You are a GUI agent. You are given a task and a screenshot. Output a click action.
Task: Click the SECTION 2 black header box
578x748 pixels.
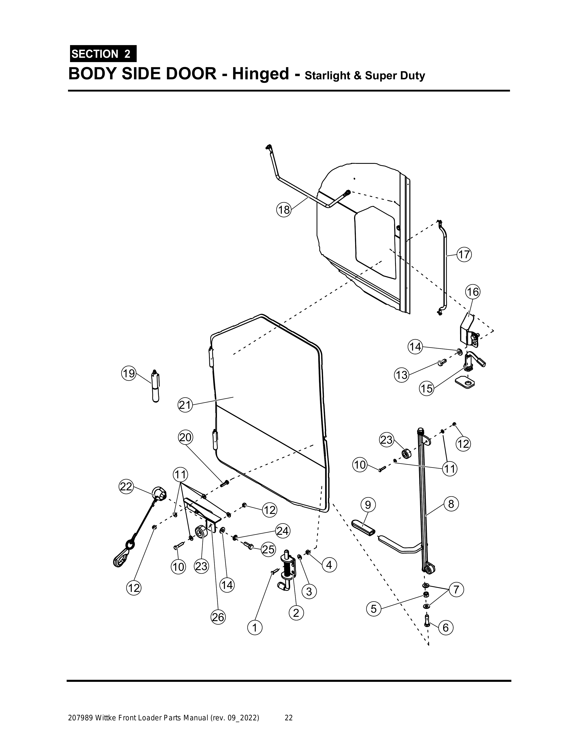(x=103, y=53)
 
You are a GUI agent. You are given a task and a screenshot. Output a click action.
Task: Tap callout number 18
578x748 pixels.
(x=284, y=210)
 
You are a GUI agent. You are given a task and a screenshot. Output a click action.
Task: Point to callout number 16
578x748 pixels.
(x=472, y=292)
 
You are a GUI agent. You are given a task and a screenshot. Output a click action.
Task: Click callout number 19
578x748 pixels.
(x=129, y=373)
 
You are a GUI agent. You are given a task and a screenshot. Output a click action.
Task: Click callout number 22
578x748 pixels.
(x=126, y=486)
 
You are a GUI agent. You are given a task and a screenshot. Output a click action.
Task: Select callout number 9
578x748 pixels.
(x=368, y=505)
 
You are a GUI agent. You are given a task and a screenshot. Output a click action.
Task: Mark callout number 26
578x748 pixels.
(x=218, y=617)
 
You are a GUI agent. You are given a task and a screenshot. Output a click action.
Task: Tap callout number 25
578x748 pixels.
(x=268, y=549)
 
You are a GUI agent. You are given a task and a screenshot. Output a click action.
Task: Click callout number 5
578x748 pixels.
(x=374, y=609)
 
